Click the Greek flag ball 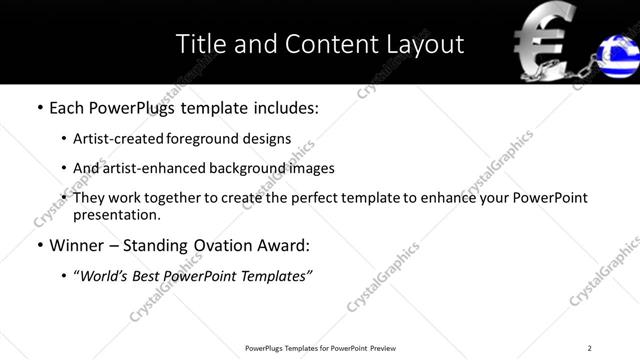click(617, 56)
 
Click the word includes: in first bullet click(284, 108)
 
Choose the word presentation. click(116, 215)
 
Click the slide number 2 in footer click(589, 348)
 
